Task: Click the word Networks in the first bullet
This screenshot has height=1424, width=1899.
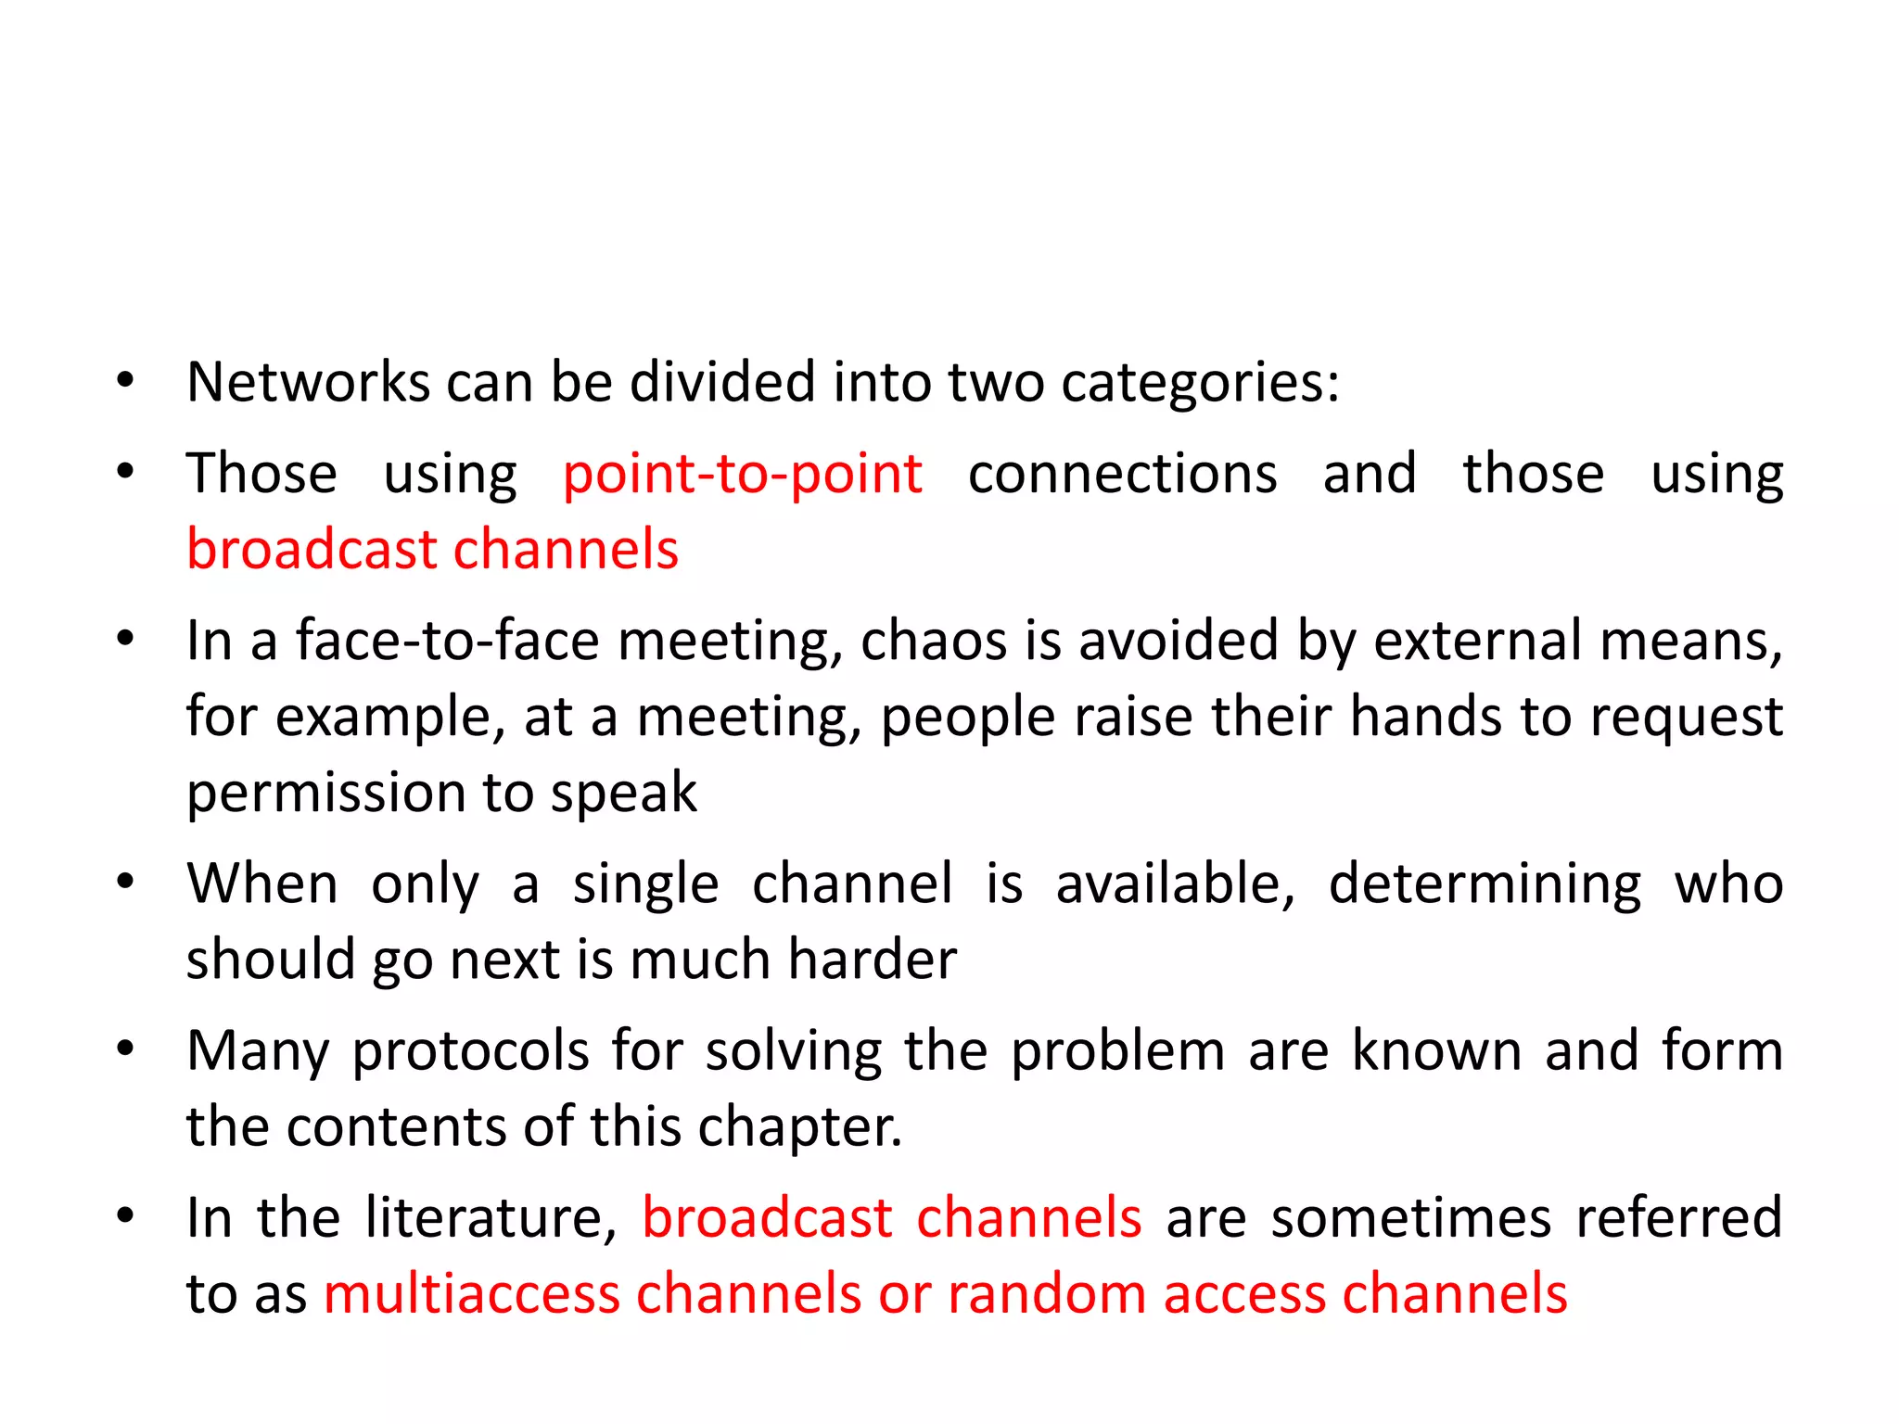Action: (308, 382)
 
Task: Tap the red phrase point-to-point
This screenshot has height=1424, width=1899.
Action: (742, 474)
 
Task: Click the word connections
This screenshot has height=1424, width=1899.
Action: (1122, 474)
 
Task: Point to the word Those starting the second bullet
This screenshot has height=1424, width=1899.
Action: (261, 474)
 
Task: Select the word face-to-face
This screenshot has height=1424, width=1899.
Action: (448, 641)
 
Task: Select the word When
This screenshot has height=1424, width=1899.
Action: (262, 883)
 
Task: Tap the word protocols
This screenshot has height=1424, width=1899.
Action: (471, 1052)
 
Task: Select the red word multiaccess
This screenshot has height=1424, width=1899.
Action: (471, 1293)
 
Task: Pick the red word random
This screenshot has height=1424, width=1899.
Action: (1047, 1293)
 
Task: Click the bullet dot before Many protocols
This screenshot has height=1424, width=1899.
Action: (126, 1049)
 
